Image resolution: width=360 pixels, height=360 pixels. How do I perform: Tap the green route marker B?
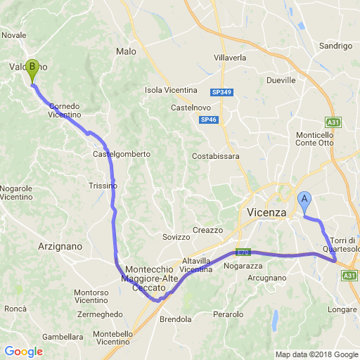pyautogui.click(x=32, y=70)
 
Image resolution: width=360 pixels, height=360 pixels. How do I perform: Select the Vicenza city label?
pyautogui.click(x=267, y=212)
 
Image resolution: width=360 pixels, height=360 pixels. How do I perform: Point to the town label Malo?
pyautogui.click(x=126, y=51)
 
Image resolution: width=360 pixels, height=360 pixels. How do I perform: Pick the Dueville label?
pyautogui.click(x=281, y=80)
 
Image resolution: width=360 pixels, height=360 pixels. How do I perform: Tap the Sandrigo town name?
pyautogui.click(x=335, y=46)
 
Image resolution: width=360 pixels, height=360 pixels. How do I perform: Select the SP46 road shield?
pyautogui.click(x=208, y=120)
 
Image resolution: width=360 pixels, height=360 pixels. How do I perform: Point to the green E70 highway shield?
pyautogui.click(x=243, y=252)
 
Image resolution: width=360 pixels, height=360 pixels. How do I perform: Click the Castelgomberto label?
pyautogui.click(x=122, y=154)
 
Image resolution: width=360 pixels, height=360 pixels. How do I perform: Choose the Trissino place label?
pyautogui.click(x=103, y=186)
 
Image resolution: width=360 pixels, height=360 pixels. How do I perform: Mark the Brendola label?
pyautogui.click(x=176, y=319)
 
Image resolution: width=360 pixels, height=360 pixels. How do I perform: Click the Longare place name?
pyautogui.click(x=342, y=309)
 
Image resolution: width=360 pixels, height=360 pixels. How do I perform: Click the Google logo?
pyautogui.click(x=23, y=352)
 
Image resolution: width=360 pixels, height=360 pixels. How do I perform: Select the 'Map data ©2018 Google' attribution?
pyautogui.click(x=316, y=354)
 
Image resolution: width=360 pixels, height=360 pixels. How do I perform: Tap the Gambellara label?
pyautogui.click(x=63, y=337)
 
